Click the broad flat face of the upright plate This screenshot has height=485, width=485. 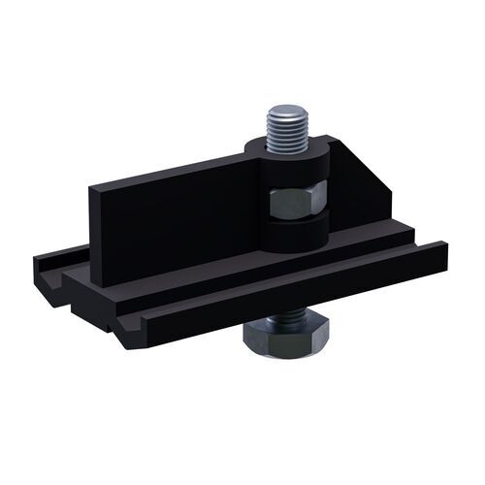click(x=165, y=218)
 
